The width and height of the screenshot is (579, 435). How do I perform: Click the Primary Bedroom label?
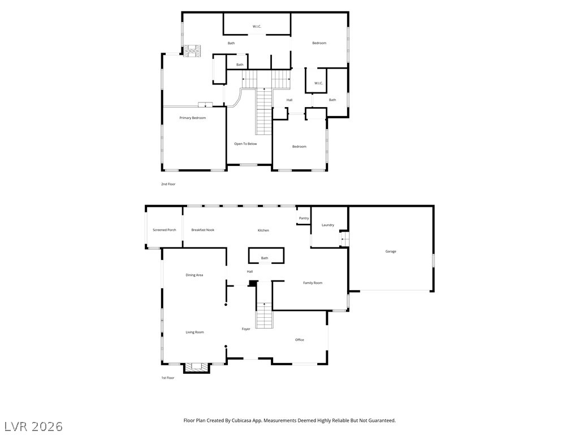(193, 118)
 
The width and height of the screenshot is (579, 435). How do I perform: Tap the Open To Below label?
(245, 144)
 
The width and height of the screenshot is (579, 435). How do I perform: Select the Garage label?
(391, 251)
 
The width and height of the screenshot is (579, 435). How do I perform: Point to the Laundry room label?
(328, 225)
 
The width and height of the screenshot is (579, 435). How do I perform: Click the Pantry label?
(304, 218)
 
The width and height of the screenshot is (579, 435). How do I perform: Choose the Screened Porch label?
(164, 230)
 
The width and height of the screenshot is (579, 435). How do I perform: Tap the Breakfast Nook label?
(202, 230)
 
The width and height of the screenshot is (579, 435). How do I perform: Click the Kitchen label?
(263, 231)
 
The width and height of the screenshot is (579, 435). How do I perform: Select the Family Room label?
(313, 283)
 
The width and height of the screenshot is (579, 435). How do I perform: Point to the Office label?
(300, 340)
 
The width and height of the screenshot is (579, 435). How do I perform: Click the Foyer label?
(246, 329)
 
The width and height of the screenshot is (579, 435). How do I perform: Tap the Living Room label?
(195, 332)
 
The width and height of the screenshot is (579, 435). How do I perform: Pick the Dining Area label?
(194, 275)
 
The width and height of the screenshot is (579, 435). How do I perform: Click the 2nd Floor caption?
(168, 184)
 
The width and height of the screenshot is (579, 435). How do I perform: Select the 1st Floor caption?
(167, 378)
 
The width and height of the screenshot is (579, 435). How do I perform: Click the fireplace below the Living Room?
(197, 367)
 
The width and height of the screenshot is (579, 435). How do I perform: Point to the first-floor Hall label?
(250, 272)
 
